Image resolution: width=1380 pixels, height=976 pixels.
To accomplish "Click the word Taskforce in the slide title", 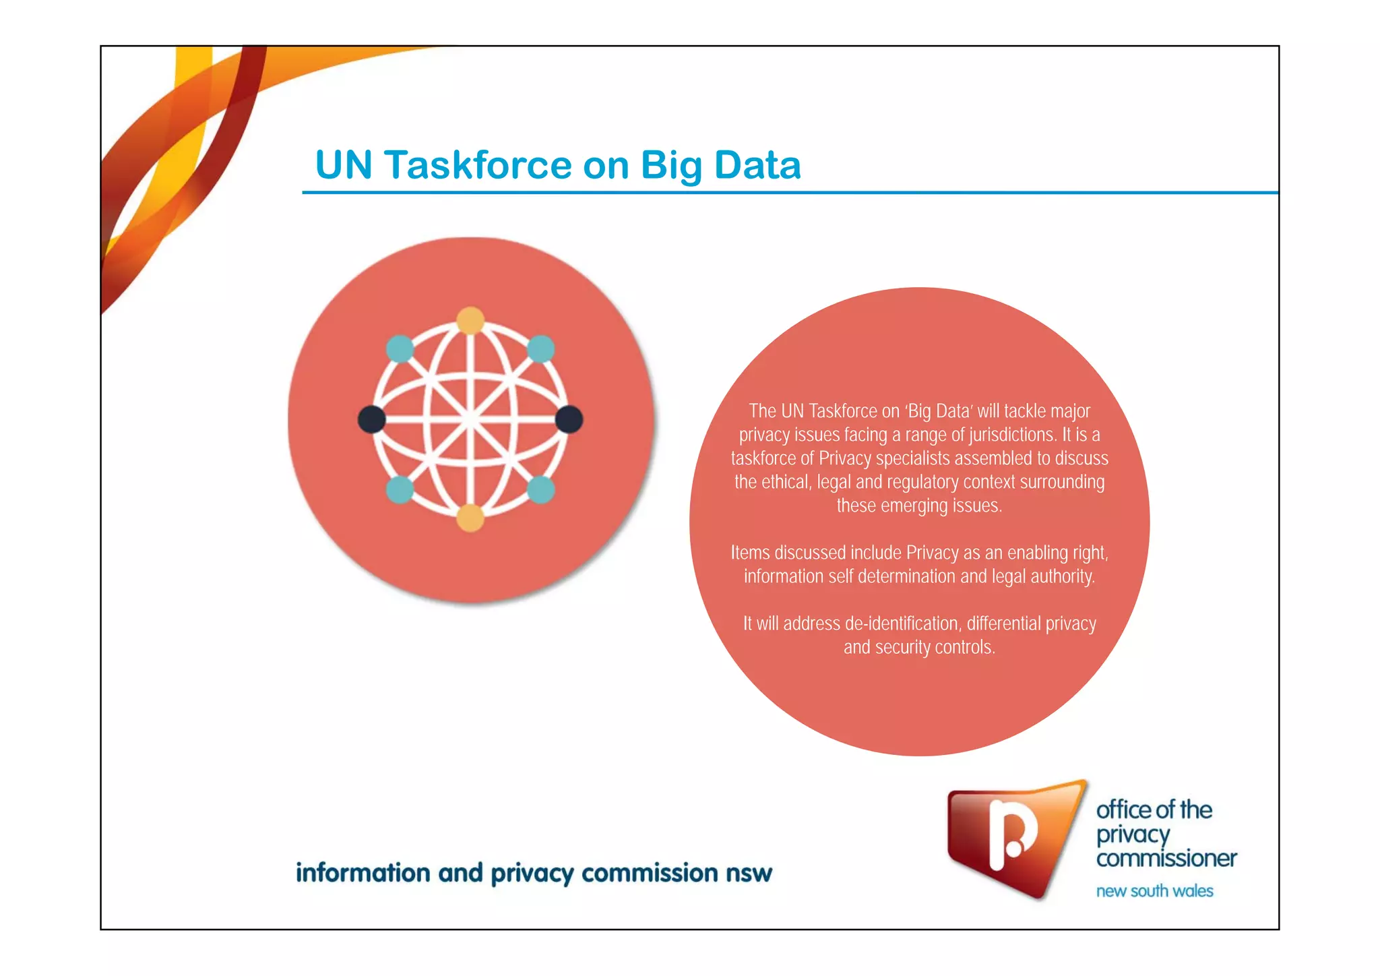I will pyautogui.click(x=478, y=165).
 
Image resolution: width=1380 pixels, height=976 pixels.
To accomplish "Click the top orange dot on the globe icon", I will pyautogui.click(x=470, y=320).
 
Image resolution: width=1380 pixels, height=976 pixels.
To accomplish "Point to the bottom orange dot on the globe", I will pyautogui.click(x=470, y=518).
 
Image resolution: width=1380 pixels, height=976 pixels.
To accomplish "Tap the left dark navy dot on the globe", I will pyautogui.click(x=371, y=419).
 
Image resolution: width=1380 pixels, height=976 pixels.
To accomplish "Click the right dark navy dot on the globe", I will pyautogui.click(x=569, y=419).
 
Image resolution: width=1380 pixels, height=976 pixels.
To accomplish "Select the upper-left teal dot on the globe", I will pyautogui.click(x=400, y=349).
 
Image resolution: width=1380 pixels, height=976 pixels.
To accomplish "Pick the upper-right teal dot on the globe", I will pyautogui.click(x=540, y=349).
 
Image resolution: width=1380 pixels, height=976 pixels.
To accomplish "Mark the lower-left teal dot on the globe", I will pyautogui.click(x=400, y=489).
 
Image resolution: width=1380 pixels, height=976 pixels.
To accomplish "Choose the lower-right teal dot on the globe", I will pyautogui.click(x=540, y=489).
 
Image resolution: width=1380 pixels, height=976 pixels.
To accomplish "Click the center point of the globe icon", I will pyautogui.click(x=470, y=419).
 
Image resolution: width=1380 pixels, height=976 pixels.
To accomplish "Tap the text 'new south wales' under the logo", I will pyautogui.click(x=1154, y=891).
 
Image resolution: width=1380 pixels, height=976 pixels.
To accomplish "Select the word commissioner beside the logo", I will pyautogui.click(x=1166, y=859).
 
